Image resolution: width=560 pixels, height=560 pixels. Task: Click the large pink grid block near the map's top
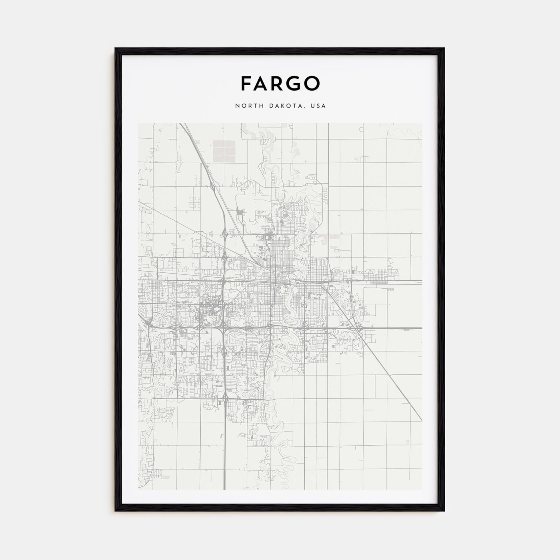click(x=224, y=150)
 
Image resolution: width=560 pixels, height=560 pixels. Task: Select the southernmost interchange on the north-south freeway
click(x=225, y=398)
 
